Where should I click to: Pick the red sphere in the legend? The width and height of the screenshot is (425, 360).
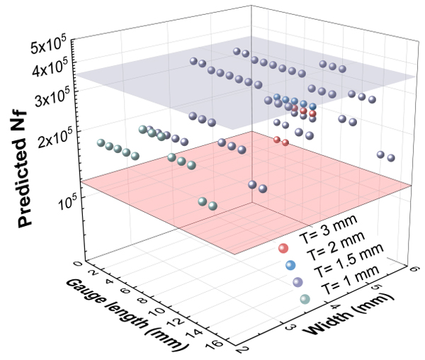pyautogui.click(x=283, y=248)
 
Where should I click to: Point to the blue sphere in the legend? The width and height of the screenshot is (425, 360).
pyautogui.click(x=290, y=265)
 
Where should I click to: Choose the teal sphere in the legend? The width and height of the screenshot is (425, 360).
pyautogui.click(x=305, y=299)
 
